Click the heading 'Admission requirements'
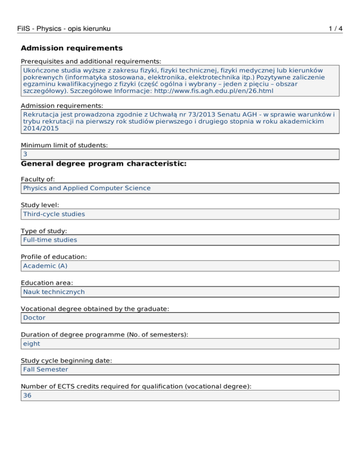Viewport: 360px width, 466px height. (x=72, y=48)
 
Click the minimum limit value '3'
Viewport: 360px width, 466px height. (x=25, y=154)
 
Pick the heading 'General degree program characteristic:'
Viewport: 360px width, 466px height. (x=104, y=164)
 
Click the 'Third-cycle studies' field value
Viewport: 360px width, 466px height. (x=54, y=214)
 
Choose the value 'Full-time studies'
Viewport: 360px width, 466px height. (x=50, y=240)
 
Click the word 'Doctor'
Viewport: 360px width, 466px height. (x=33, y=317)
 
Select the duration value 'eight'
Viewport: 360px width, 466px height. (x=31, y=343)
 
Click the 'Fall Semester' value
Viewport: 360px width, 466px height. (x=45, y=369)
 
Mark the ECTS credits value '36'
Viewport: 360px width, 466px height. (x=27, y=395)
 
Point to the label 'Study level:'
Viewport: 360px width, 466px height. (x=41, y=205)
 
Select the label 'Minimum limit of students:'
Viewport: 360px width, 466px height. (x=64, y=145)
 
